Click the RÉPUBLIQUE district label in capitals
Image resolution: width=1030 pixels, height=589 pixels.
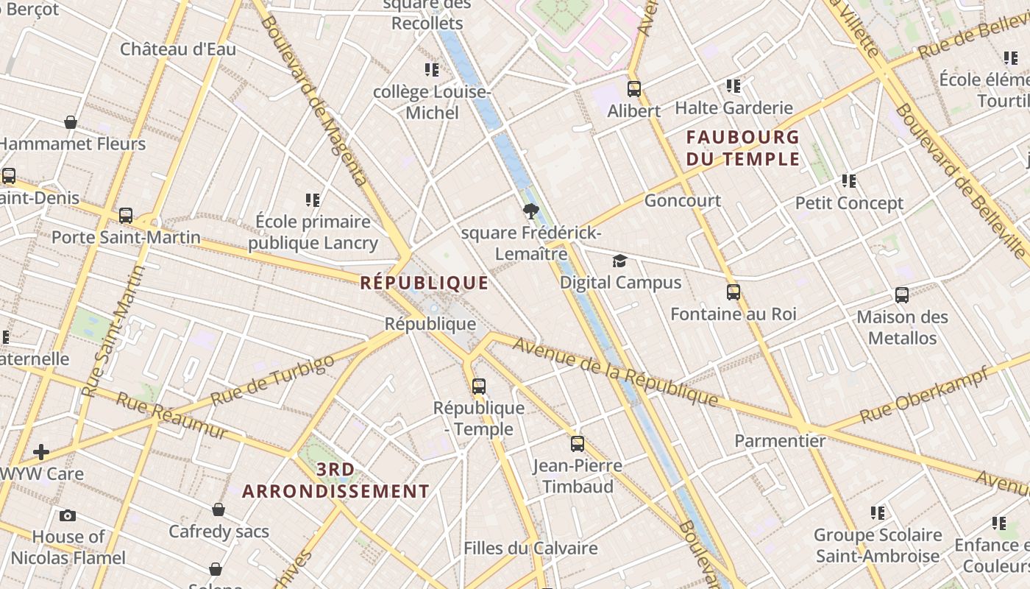(425, 283)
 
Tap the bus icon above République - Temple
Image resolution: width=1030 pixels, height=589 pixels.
(479, 387)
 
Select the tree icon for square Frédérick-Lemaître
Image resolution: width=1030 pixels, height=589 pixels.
(530, 213)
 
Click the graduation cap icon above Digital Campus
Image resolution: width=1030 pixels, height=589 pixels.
(620, 261)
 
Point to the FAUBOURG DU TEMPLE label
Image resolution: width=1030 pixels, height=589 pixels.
(742, 148)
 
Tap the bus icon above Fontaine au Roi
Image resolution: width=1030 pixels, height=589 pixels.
(734, 292)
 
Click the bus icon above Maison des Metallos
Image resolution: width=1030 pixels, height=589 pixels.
(902, 295)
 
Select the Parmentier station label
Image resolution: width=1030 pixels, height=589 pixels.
(780, 441)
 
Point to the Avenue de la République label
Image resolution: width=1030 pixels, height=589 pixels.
(615, 372)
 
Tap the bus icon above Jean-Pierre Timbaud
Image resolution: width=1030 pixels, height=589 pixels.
(578, 444)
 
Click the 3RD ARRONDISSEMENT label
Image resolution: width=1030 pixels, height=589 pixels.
(336, 480)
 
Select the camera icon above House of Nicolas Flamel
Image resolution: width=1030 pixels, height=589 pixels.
(68, 515)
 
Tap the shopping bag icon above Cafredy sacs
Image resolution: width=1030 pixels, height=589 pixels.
(219, 509)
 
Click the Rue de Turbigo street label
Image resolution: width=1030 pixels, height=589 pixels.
(272, 380)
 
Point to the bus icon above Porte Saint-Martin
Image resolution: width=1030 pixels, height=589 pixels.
(126, 216)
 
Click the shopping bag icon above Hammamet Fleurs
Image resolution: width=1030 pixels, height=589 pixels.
(71, 122)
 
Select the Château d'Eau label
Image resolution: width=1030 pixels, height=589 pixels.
(178, 49)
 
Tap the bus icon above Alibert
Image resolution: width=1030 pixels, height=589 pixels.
(634, 89)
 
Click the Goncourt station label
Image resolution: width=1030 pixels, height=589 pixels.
(682, 200)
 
